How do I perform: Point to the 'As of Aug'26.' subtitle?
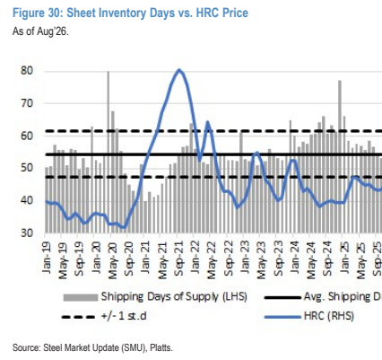pyautogui.click(x=40, y=31)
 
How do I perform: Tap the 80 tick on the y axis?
pyautogui.click(x=26, y=71)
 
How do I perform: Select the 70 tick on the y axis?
pyautogui.click(x=26, y=103)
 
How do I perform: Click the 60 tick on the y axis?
pyautogui.click(x=26, y=136)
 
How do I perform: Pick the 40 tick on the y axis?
pyautogui.click(x=26, y=200)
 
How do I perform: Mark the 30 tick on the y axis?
pyautogui.click(x=26, y=233)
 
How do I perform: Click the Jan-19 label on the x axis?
pyautogui.click(x=46, y=257)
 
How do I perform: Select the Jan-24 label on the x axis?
pyautogui.click(x=294, y=257)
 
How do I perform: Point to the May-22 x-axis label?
pyautogui.click(x=213, y=259)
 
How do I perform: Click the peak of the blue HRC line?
pyautogui.click(x=179, y=70)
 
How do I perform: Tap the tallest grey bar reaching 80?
pyautogui.click(x=109, y=152)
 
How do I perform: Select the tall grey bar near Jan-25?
pyautogui.click(x=340, y=156)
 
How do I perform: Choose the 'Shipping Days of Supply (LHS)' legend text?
pyautogui.click(x=174, y=296)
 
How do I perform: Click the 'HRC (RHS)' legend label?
pyautogui.click(x=329, y=316)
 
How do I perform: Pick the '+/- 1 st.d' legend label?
pyautogui.click(x=125, y=316)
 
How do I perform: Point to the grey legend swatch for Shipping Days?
pyautogui.click(x=81, y=297)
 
